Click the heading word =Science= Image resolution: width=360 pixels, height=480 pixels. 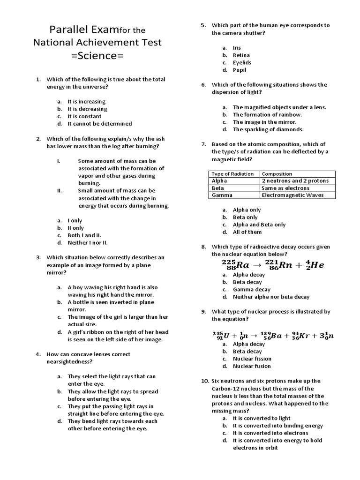coord(97,56)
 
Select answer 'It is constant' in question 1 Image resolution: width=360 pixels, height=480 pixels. coord(84,116)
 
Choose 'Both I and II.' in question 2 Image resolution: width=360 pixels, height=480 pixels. coord(84,235)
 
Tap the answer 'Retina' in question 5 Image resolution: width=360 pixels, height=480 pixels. coord(241,55)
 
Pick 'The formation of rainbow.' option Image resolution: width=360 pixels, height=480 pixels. coord(267,114)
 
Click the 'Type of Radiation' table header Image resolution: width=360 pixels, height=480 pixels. coord(233,174)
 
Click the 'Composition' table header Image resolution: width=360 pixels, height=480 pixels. coord(277,174)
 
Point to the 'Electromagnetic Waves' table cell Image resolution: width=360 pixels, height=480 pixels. coord(292,195)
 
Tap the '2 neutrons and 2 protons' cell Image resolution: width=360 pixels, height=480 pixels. coord(295,181)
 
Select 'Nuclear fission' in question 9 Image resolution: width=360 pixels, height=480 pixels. coord(252,359)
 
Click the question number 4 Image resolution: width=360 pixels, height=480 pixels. coord(38,354)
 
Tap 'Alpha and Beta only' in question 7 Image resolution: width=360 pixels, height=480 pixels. coord(259,225)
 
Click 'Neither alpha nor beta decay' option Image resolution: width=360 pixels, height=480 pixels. coord(271,297)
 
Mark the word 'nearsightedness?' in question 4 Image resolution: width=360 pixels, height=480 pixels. coord(69,362)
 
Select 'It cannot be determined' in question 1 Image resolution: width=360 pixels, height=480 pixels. coord(99,124)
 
